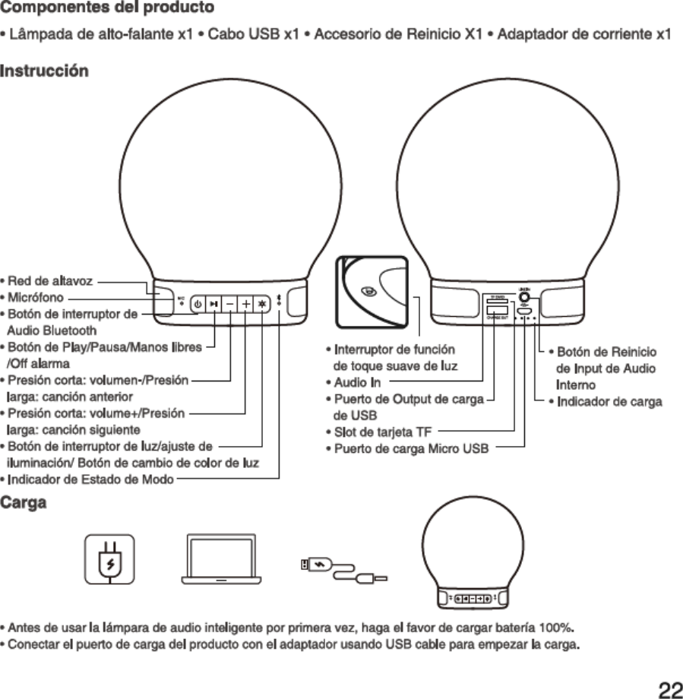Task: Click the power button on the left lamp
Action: coord(198,303)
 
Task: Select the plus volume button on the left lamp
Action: coord(246,303)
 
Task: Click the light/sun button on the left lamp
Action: coord(262,303)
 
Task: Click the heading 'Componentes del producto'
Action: coord(106,8)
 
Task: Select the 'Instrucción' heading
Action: coord(44,71)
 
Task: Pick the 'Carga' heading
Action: coord(24,503)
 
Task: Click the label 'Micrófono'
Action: coord(36,297)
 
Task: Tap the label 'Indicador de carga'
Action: coord(609,401)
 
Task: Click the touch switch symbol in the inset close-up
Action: coord(368,290)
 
